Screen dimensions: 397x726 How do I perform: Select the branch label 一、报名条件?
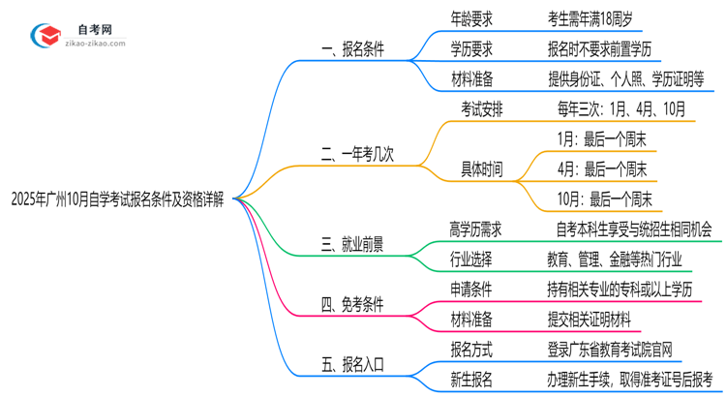point(352,49)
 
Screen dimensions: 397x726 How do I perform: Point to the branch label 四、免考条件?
point(352,304)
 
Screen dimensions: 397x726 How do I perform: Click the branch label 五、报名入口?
point(352,364)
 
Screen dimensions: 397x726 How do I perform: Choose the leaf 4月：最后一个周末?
point(601,169)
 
